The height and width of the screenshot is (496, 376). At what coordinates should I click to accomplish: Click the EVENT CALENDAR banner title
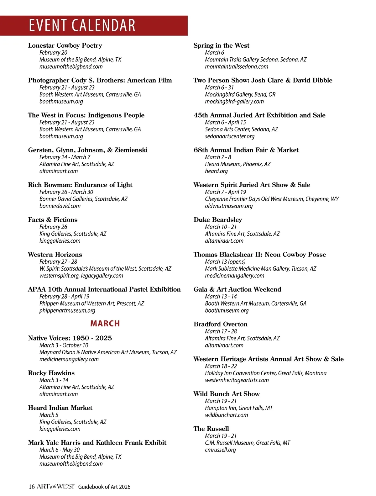[82, 25]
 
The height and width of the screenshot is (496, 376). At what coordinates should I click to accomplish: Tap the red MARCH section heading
[105, 324]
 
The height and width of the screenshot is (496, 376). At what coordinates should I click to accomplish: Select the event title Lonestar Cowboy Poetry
[65, 45]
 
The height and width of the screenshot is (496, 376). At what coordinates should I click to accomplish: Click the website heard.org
[216, 171]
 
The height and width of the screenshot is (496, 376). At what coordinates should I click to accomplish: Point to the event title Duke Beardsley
[218, 220]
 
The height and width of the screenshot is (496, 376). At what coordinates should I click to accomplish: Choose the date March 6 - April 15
[225, 122]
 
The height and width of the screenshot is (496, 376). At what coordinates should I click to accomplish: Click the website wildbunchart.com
[226, 415]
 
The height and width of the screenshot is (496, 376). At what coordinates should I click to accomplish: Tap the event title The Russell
[211, 429]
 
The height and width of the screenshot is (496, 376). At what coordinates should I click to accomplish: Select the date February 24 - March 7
[65, 157]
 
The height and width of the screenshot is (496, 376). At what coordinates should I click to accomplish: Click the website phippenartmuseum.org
[67, 310]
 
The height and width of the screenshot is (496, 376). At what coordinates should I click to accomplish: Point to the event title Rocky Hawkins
[51, 373]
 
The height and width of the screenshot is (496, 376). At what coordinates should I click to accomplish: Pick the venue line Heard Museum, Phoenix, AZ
[238, 164]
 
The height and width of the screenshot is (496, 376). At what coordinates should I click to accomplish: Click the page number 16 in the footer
[31, 487]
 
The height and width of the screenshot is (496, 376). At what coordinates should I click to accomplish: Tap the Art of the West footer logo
[56, 486]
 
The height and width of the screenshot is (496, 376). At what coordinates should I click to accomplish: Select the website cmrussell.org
[220, 450]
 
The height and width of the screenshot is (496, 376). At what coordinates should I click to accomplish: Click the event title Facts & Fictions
[53, 220]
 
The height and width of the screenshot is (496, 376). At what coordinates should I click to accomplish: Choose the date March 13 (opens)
[225, 261]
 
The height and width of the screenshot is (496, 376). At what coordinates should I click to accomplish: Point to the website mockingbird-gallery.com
[234, 102]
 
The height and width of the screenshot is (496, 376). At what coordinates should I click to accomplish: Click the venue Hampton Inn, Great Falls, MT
[239, 408]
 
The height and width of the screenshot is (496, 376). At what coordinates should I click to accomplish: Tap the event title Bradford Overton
[220, 324]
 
